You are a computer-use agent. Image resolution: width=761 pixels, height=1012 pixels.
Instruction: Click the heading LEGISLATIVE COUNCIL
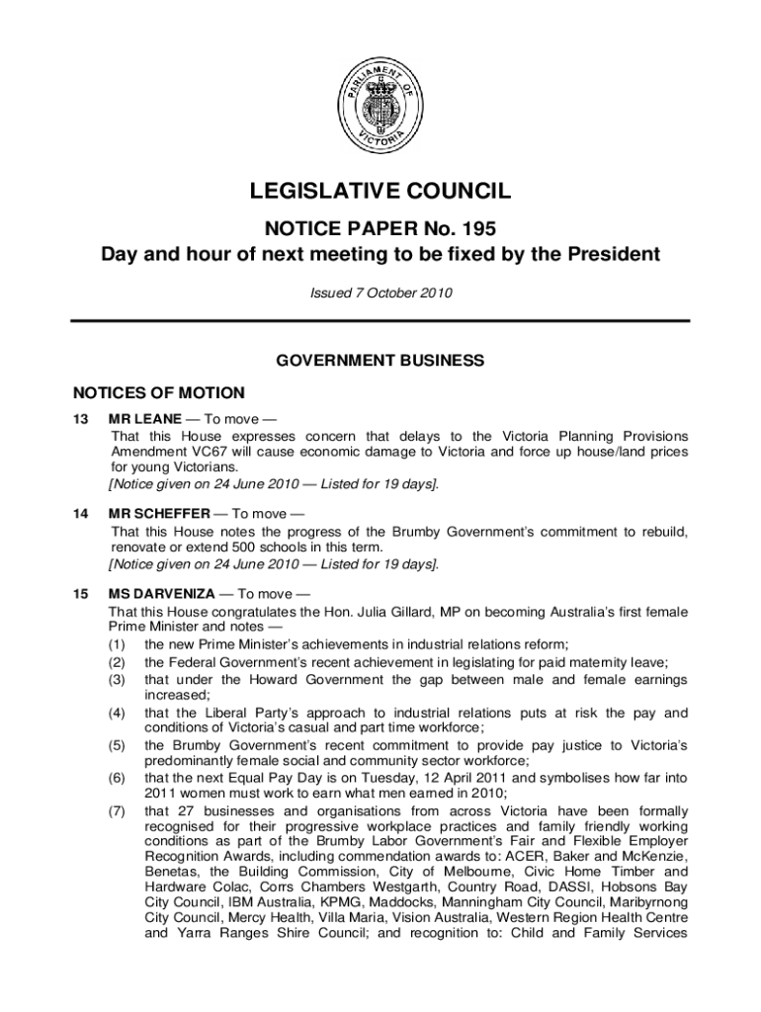pyautogui.click(x=380, y=192)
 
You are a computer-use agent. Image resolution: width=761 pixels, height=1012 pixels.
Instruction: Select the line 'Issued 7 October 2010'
pyautogui.click(x=380, y=292)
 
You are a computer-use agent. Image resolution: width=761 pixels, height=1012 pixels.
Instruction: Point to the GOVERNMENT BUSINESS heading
pyautogui.click(x=380, y=361)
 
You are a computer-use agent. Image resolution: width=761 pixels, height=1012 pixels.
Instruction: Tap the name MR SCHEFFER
pyautogui.click(x=159, y=514)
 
